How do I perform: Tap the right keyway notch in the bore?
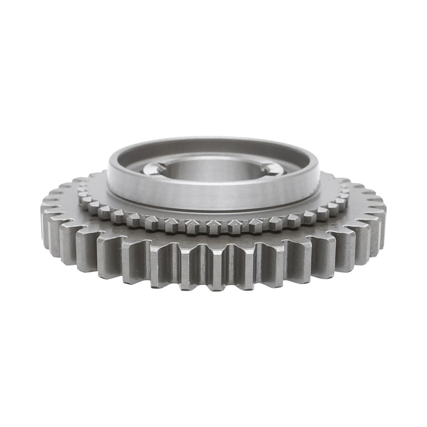[x=268, y=166]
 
